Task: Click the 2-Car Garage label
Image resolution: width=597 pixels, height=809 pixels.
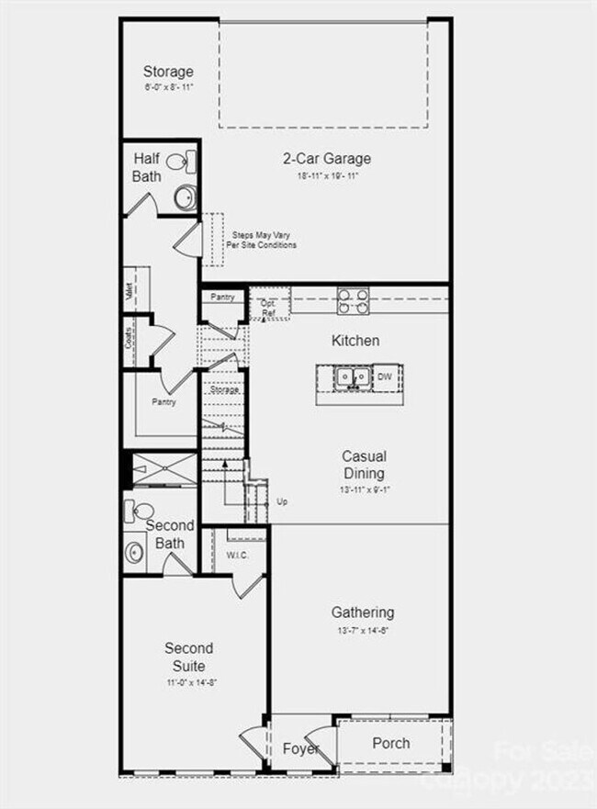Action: pos(327,158)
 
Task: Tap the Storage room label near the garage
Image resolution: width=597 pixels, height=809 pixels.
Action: pos(168,71)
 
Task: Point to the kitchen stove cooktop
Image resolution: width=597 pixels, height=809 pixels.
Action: pos(354,299)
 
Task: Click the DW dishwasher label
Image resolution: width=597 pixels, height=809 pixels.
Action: pos(384,376)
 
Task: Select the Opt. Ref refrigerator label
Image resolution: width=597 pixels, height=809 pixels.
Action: pos(268,308)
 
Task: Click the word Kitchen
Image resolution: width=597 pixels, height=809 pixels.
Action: pos(355,341)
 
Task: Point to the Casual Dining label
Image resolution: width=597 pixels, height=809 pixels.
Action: pos(364,465)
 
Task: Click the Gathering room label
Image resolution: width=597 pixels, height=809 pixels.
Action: pos(363,612)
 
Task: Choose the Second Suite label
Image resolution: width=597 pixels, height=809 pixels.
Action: pos(188,657)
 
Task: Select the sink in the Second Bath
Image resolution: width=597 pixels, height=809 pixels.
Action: pos(134,553)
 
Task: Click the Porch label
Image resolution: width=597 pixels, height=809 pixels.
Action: pos(390,743)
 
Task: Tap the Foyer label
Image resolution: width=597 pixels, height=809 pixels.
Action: pos(299,748)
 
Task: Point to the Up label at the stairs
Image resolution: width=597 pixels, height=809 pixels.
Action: pos(282,502)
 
